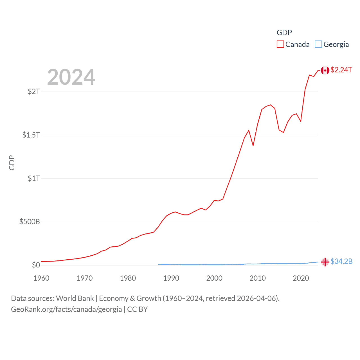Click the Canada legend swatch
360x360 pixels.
[x=280, y=44]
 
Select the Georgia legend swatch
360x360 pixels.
[x=318, y=44]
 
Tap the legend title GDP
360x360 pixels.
[x=284, y=33]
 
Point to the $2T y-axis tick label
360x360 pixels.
[x=34, y=91]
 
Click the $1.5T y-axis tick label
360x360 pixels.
[x=31, y=135]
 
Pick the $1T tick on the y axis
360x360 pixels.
[x=34, y=178]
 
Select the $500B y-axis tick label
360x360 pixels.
[x=30, y=222]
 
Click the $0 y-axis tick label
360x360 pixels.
[x=36, y=265]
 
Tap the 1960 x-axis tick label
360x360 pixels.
[x=41, y=278]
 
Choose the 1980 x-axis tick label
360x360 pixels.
[x=128, y=278]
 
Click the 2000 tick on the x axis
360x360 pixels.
[x=214, y=278]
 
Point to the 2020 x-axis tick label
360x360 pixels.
[x=301, y=278]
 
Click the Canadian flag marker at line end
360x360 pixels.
[x=325, y=70]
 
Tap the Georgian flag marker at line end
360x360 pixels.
[x=325, y=262]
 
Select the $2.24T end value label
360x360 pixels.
[x=341, y=70]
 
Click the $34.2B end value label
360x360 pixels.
[x=341, y=261]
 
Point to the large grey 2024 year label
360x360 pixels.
[x=71, y=77]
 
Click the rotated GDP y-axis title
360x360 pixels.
[x=12, y=163]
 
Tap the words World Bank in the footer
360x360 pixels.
[x=75, y=298]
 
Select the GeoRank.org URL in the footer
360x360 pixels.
[x=66, y=309]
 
